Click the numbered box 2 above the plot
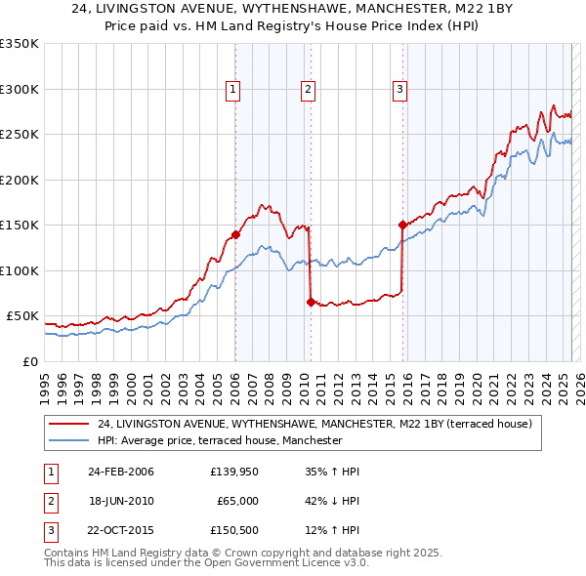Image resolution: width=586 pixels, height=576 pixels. click(308, 90)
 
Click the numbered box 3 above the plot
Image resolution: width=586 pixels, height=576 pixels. click(399, 90)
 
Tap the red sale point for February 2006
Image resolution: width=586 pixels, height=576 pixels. click(235, 235)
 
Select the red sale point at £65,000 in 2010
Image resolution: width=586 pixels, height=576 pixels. click(311, 303)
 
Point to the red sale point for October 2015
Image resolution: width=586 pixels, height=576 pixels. click(402, 225)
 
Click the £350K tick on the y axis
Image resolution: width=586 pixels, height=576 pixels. click(20, 44)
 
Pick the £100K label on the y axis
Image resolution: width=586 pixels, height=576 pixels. click(20, 270)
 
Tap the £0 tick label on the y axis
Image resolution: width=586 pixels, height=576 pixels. click(28, 361)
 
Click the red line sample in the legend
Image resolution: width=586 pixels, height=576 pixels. click(68, 424)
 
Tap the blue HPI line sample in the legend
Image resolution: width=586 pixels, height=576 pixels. click(68, 440)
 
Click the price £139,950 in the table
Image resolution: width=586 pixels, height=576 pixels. click(232, 472)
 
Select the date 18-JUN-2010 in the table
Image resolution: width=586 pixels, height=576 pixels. click(121, 501)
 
